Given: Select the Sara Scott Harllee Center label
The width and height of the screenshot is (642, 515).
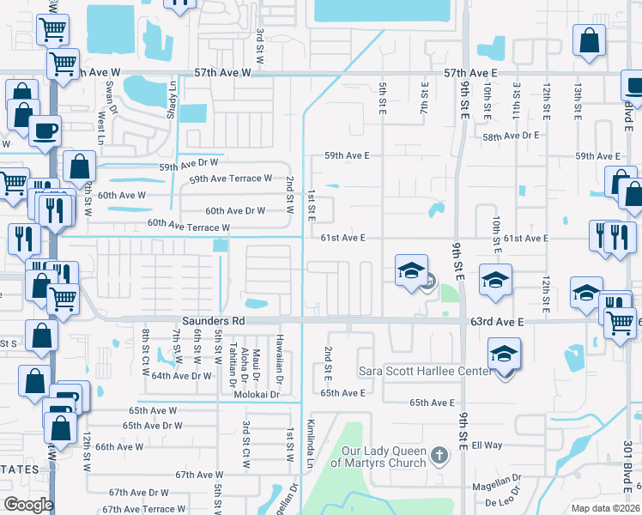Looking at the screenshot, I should (x=426, y=371).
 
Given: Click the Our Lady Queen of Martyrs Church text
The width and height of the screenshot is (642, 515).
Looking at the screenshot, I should (x=385, y=457).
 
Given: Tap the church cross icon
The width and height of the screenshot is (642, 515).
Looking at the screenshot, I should (x=439, y=454).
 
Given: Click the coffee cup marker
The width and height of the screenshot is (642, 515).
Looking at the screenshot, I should (x=45, y=131).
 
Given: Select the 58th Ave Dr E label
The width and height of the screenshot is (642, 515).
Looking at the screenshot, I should (x=511, y=136).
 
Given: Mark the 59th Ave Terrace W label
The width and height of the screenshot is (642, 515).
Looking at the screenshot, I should (x=230, y=179).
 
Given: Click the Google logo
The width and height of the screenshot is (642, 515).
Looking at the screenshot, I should (x=28, y=504).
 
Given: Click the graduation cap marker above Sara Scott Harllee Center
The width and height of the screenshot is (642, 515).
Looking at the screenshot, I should (x=505, y=352).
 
